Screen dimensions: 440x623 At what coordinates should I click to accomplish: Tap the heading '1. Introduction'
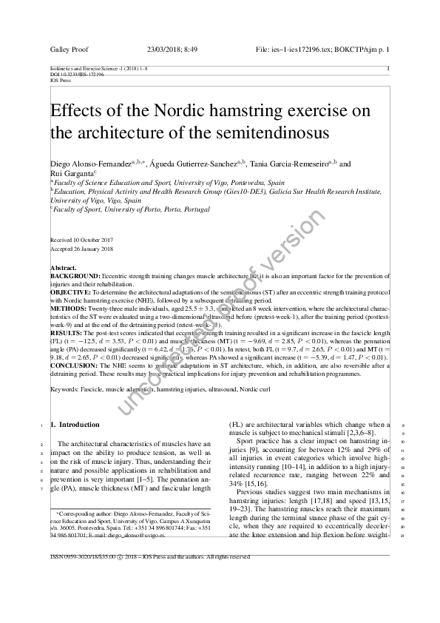pos(74,425)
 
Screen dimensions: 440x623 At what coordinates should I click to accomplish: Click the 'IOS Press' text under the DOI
pos(58,80)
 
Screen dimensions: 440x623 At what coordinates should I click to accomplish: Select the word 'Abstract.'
pos(63,267)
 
